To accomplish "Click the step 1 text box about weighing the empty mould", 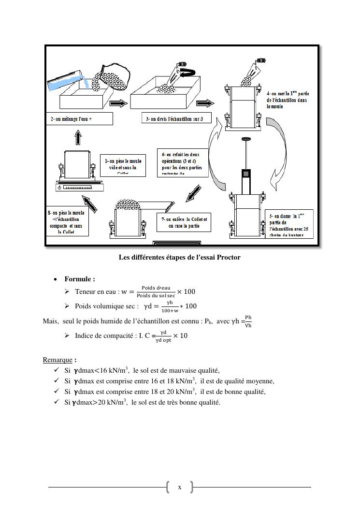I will pos(123,165).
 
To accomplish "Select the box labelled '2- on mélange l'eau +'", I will pos(80,119).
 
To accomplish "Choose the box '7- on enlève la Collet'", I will pos(184,222).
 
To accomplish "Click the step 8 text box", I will pos(68,222).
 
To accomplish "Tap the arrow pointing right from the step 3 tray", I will pos(205,103).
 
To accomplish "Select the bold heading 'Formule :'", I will pos(80,279).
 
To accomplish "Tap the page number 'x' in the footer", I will pos(179,487).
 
